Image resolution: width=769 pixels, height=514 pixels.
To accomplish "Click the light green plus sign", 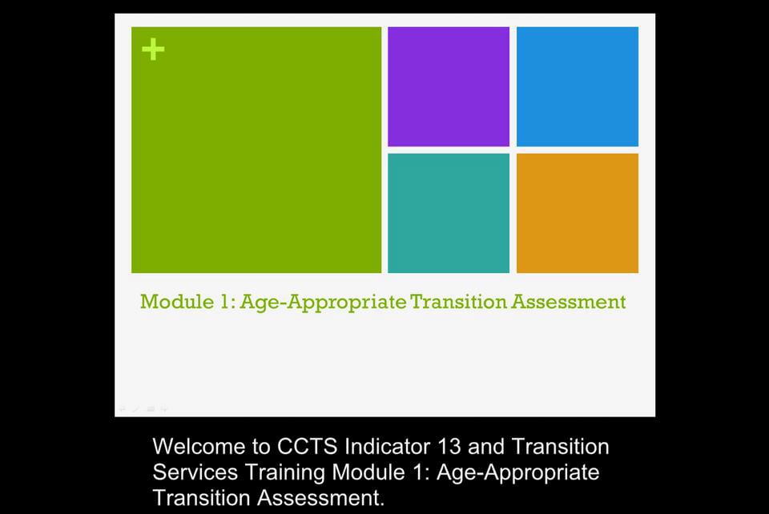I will [x=153, y=50].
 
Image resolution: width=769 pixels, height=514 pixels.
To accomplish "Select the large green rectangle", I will [x=256, y=160].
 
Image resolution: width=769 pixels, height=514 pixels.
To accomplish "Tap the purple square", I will [x=449, y=86].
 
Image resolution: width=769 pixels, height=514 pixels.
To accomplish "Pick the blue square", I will [x=578, y=86].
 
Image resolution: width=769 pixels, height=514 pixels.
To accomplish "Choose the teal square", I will [x=449, y=213].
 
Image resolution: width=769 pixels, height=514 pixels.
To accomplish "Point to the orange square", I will [x=578, y=213].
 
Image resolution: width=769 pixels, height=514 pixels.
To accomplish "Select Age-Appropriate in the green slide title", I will [x=323, y=303].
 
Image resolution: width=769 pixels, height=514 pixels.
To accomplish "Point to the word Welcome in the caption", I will [x=200, y=447].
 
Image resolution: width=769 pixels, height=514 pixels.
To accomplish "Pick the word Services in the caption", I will [x=195, y=472].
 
